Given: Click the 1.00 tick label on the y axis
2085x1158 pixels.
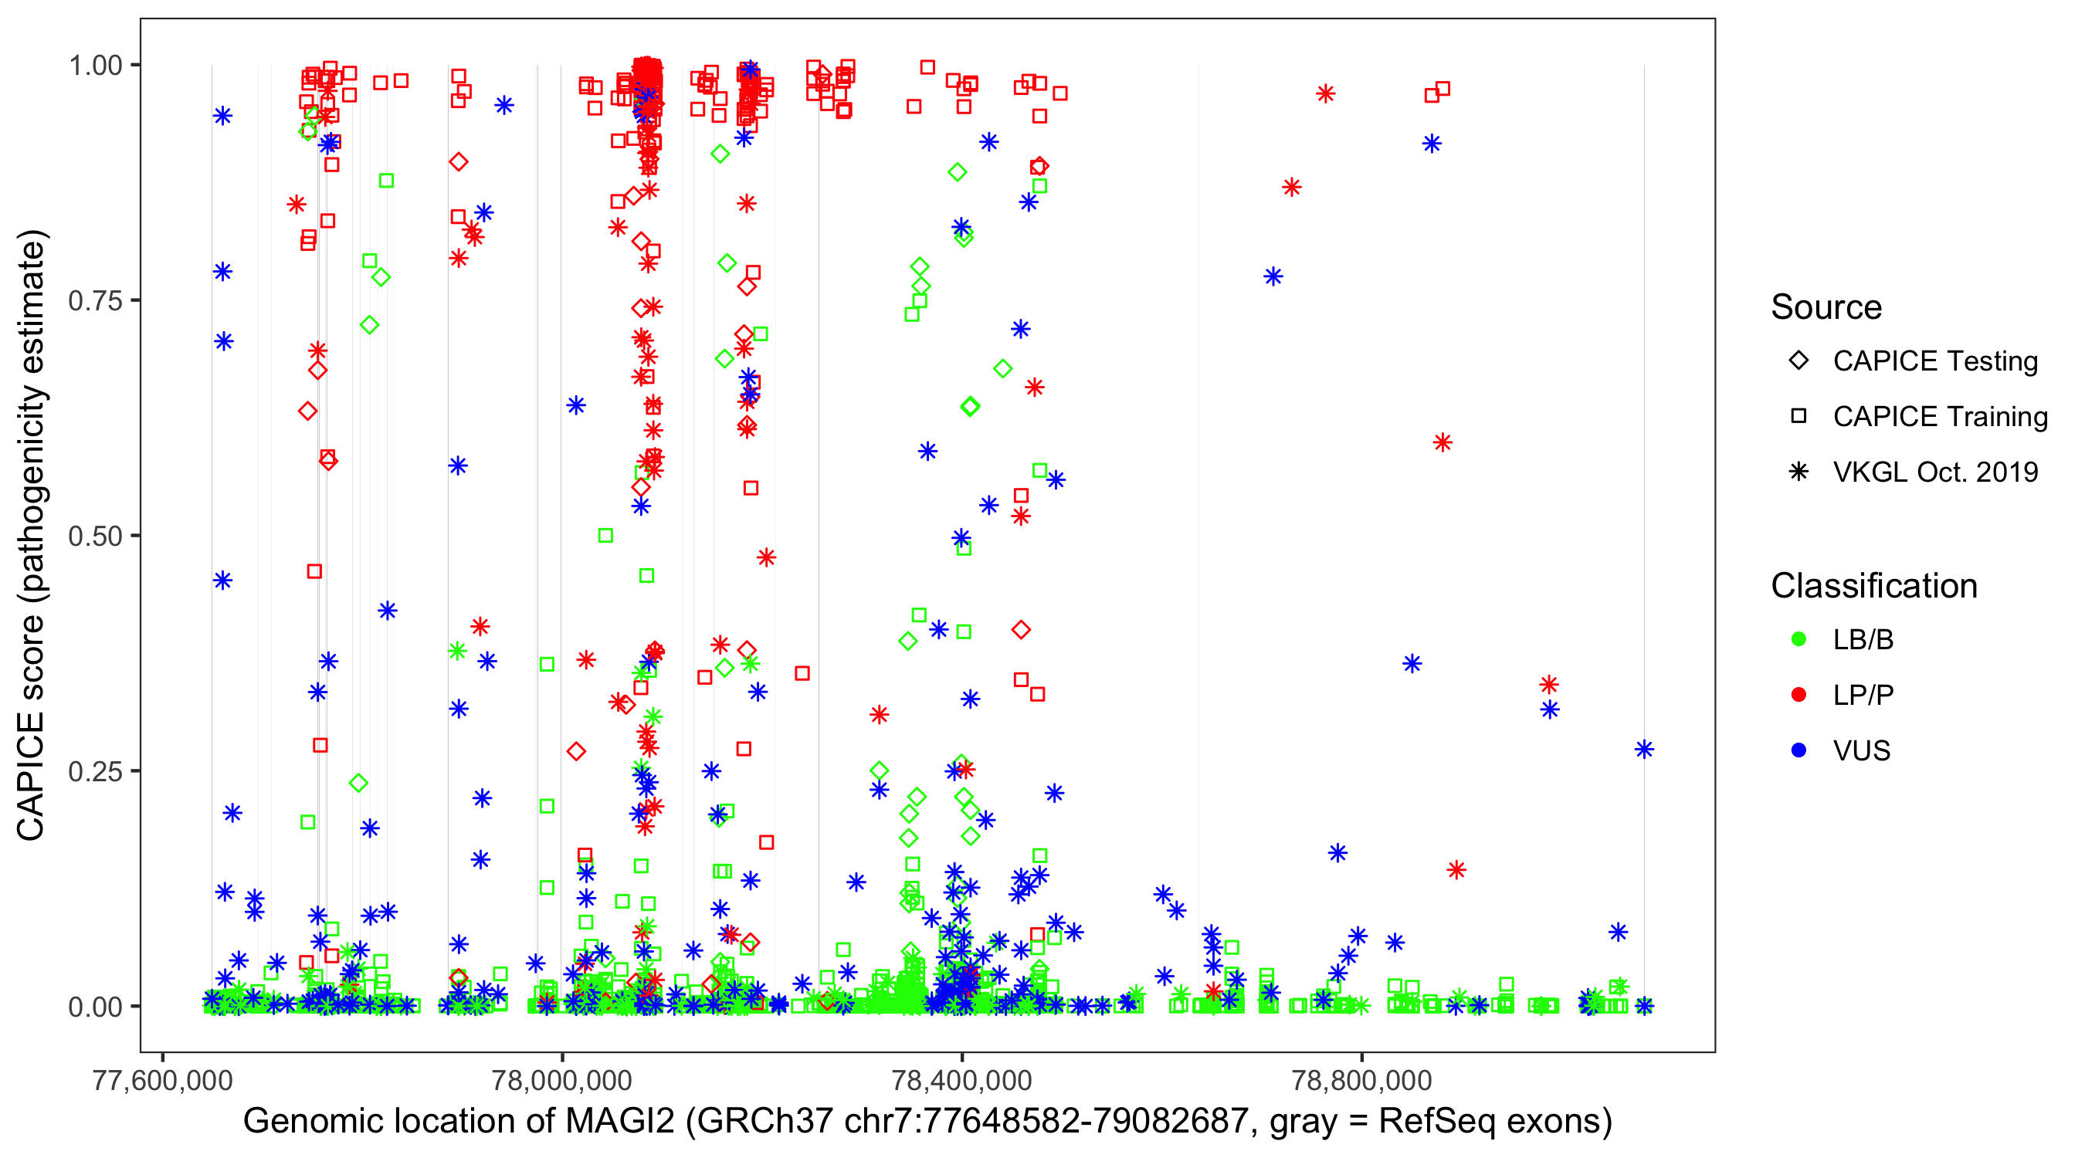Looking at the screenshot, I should (95, 66).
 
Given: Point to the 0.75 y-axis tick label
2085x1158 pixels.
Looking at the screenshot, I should (95, 301).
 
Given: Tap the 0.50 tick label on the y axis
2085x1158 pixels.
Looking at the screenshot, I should (95, 536).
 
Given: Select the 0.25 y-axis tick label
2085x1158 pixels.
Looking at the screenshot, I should (95, 771).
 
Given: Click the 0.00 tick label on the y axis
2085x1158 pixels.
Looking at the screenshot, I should (95, 1007).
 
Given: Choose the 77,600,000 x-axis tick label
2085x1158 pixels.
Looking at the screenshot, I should (163, 1080).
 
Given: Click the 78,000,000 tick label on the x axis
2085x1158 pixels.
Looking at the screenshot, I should (562, 1080).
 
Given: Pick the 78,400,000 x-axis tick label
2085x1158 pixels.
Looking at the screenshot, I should (961, 1080).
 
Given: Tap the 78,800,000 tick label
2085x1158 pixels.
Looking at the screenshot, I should (1361, 1080).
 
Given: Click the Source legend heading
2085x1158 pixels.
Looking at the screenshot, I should (1826, 307).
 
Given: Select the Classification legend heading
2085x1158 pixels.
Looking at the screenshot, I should (1873, 586).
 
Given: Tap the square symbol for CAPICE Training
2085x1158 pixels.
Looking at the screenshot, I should (1799, 417).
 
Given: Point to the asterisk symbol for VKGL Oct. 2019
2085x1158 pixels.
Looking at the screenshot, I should (1799, 472).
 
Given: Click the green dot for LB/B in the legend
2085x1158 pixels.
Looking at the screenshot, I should (1799, 639).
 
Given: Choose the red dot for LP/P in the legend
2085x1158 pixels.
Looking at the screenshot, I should (1799, 695).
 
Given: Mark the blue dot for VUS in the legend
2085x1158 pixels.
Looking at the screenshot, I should (1799, 750).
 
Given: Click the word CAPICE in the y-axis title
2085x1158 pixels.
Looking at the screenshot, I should (31, 776).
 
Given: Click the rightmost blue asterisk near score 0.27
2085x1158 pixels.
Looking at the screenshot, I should (1644, 750).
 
